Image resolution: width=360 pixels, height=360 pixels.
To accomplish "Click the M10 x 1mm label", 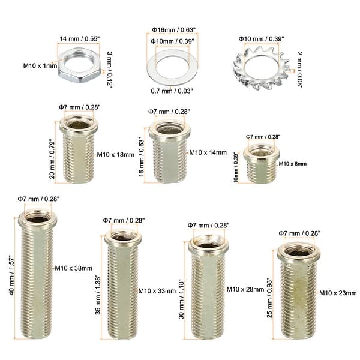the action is click(x=40, y=66).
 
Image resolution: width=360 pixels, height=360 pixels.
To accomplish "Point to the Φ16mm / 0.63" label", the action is click(x=174, y=30).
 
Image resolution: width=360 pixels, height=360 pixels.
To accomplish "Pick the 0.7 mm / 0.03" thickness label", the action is click(x=172, y=91).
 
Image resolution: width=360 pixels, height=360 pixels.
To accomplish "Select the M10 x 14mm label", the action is click(x=208, y=152).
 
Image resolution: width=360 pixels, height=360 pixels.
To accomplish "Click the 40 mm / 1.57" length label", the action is click(x=11, y=275).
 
